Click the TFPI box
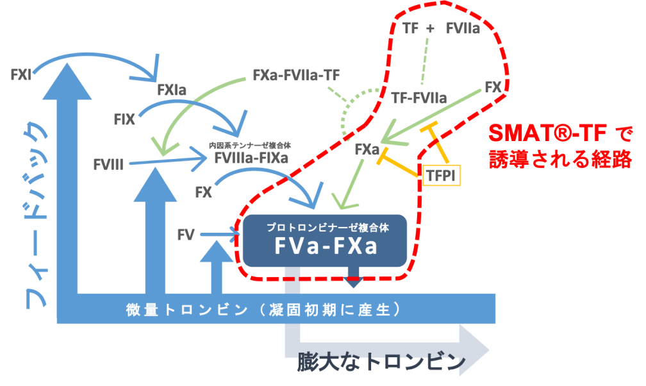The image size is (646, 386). pyautogui.click(x=441, y=176)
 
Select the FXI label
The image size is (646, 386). pyautogui.click(x=21, y=74)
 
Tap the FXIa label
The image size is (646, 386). pyautogui.click(x=172, y=90)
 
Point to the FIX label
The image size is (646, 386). pyautogui.click(x=124, y=119)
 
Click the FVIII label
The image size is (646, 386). pyautogui.click(x=108, y=165)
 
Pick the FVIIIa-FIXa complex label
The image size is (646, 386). pyautogui.click(x=251, y=158)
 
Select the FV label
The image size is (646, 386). pyautogui.click(x=186, y=235)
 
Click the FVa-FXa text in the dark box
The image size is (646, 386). pyautogui.click(x=326, y=246)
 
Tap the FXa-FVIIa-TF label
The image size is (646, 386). pyautogui.click(x=296, y=75)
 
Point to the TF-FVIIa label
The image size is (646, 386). pyautogui.click(x=419, y=97)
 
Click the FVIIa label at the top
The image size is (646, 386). pyautogui.click(x=463, y=28)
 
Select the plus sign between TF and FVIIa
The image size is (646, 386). pyautogui.click(x=430, y=28)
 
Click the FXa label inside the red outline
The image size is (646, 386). pyautogui.click(x=367, y=149)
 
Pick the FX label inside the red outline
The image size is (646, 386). pyautogui.click(x=493, y=87)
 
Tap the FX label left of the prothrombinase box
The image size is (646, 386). pyautogui.click(x=204, y=192)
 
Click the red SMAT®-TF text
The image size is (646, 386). pyautogui.click(x=547, y=133)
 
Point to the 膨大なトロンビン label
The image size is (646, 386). pyautogui.click(x=381, y=362)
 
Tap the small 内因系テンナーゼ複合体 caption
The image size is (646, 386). pyautogui.click(x=250, y=145)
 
